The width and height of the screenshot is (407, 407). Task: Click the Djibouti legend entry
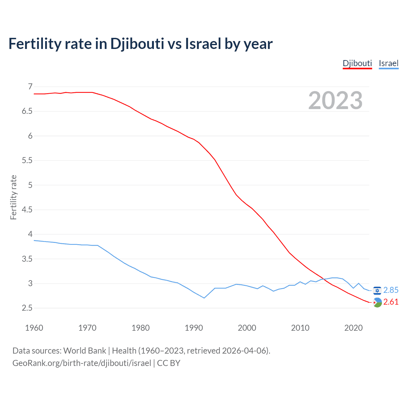click(x=357, y=63)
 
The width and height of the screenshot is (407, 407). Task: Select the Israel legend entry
click(x=389, y=63)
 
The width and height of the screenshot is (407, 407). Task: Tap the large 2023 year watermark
click(x=335, y=100)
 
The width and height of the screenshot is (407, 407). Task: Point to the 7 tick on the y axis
click(x=30, y=86)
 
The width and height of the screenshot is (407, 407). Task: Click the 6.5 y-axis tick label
click(x=27, y=111)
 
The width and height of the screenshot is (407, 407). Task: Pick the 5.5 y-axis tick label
click(x=27, y=160)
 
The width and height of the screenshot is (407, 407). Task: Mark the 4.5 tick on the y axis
click(x=27, y=210)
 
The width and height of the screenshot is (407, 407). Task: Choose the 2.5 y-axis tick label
click(x=27, y=308)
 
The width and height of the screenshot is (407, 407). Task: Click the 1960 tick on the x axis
click(x=34, y=328)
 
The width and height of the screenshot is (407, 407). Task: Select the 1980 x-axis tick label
click(x=141, y=328)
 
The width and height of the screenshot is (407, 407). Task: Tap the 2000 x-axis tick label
click(x=247, y=328)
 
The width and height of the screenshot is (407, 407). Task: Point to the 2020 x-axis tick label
click(x=353, y=328)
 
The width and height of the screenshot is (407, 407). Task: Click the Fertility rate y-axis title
click(x=13, y=197)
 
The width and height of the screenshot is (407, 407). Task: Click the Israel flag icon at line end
click(x=377, y=291)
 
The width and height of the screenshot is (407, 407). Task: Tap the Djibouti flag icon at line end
click(x=377, y=302)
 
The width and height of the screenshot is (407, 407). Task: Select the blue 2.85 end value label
click(x=391, y=290)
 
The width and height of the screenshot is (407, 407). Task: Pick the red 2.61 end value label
click(x=391, y=302)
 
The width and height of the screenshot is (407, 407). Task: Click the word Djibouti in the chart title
click(x=137, y=44)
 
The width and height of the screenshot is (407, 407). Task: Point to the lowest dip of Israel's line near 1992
click(x=204, y=298)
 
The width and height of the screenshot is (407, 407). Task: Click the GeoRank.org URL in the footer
click(x=82, y=363)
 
